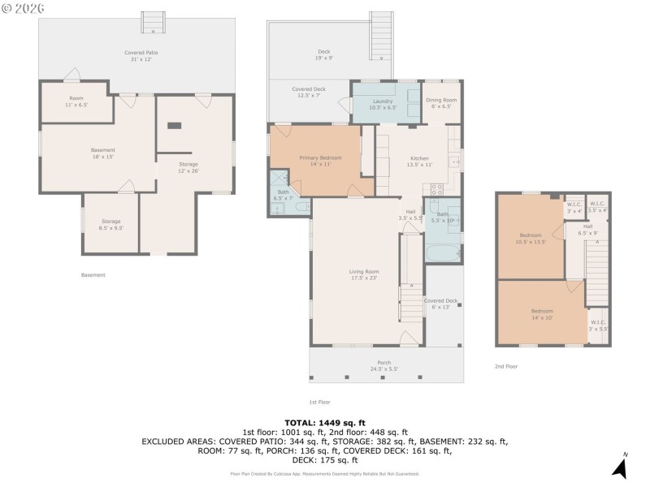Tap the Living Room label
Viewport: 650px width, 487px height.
tap(364, 274)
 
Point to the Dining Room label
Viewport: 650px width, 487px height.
tap(441, 103)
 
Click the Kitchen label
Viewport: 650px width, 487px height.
tap(418, 161)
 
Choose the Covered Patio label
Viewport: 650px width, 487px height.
tap(141, 55)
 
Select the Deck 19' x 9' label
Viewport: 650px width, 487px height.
tap(324, 54)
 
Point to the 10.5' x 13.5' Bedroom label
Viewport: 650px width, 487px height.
tap(531, 239)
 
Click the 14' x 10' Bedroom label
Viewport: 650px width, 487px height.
tap(542, 313)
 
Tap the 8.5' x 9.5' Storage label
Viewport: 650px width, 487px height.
tap(110, 224)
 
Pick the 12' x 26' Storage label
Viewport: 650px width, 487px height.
tap(188, 167)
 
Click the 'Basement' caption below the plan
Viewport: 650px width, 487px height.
tap(93, 275)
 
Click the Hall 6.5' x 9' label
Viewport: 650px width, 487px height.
tap(587, 230)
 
